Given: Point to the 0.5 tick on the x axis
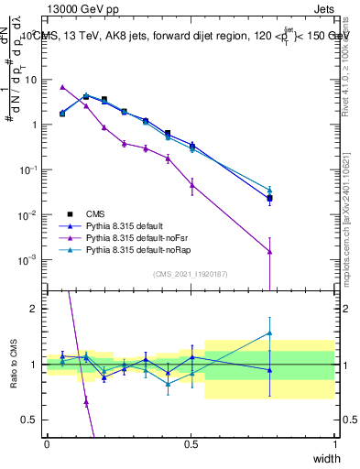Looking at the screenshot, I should tap(191, 443).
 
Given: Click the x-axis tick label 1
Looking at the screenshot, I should tap(335, 443).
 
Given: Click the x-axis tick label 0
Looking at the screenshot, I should tap(47, 443).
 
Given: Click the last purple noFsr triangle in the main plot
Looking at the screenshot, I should tap(270, 251).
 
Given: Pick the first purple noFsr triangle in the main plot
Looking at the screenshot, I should tap(61, 87).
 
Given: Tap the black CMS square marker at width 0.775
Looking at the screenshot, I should tap(270, 198).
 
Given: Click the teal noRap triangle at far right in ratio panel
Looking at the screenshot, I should tap(270, 333).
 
